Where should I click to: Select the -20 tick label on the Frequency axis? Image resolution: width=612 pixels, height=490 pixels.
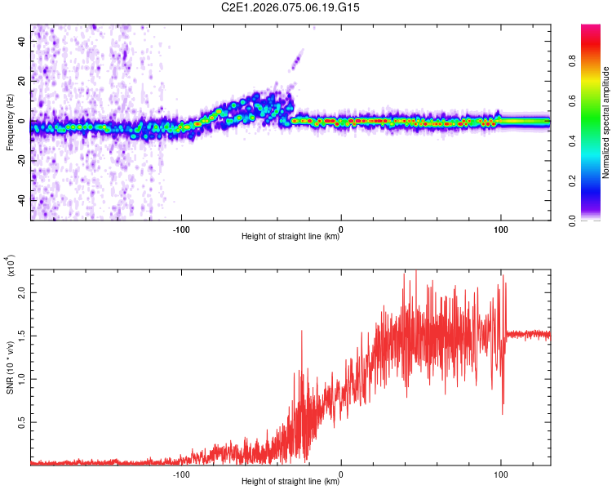(20, 161)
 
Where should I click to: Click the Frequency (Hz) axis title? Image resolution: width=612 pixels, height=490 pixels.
(10, 122)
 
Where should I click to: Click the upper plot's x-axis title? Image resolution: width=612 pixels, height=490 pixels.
(290, 237)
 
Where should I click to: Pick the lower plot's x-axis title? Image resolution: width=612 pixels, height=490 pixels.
(290, 479)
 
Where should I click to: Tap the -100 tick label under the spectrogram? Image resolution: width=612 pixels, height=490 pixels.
(181, 229)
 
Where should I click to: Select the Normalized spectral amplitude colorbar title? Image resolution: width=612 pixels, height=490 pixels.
(606, 122)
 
